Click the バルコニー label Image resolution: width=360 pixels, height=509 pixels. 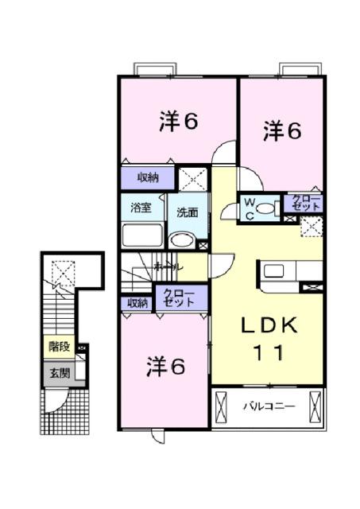[x=269, y=407]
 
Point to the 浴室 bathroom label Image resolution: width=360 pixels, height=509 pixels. [x=141, y=208]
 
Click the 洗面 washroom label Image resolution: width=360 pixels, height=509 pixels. [x=188, y=212]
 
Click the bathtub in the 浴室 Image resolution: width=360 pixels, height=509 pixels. [x=142, y=236]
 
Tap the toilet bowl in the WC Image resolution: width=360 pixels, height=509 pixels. [x=268, y=208]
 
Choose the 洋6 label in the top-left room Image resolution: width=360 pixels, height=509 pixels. [x=178, y=121]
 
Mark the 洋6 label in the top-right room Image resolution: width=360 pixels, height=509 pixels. [x=282, y=130]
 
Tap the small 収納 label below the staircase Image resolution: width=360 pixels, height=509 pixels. [x=137, y=303]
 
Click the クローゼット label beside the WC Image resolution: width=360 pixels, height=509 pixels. [x=306, y=203]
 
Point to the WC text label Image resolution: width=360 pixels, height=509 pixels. [x=249, y=208]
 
